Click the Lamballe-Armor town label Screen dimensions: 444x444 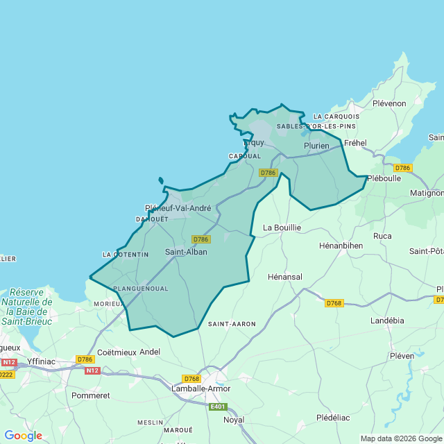[x=200, y=388]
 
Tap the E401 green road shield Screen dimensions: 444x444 [x=218, y=407]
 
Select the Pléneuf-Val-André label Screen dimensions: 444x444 [x=178, y=208]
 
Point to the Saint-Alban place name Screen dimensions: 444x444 [x=186, y=252]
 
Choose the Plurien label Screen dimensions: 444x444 [x=316, y=146]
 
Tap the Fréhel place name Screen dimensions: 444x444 [x=355, y=143]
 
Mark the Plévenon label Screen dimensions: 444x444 [x=389, y=103]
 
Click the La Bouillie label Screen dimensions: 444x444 [x=282, y=228]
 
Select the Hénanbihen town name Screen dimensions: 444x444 [x=341, y=246]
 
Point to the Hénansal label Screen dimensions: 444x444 [x=285, y=277]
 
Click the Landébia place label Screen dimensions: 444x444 [x=387, y=321]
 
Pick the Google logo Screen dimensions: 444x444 [x=23, y=436]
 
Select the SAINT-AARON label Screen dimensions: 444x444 [x=232, y=324]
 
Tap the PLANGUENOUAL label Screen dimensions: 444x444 [x=140, y=288]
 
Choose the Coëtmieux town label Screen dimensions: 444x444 [x=116, y=352]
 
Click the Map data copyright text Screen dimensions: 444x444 [x=400, y=438]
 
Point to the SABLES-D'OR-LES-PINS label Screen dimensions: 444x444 [x=316, y=126]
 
